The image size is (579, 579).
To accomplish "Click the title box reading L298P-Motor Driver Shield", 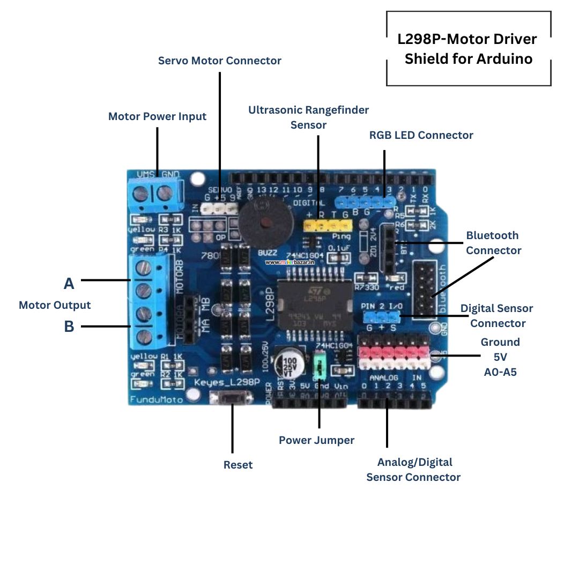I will pyautogui.click(x=468, y=49).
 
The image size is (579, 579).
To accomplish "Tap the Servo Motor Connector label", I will pyautogui.click(x=219, y=61).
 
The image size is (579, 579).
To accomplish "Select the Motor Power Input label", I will pyautogui.click(x=157, y=116).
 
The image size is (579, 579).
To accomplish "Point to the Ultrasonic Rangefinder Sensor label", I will pyautogui.click(x=308, y=117).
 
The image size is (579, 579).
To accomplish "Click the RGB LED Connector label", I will pyautogui.click(x=421, y=135).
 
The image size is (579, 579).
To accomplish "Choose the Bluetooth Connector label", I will pyautogui.click(x=493, y=242).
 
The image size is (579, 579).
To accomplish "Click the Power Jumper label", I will pyautogui.click(x=316, y=440).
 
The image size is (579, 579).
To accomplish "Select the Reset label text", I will pyautogui.click(x=238, y=465).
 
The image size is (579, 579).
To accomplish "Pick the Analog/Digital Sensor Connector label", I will pyautogui.click(x=413, y=469).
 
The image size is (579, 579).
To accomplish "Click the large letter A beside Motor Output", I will pyautogui.click(x=69, y=284).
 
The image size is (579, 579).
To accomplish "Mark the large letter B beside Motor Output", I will pyautogui.click(x=69, y=326).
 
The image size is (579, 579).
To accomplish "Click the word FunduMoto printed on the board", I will pyautogui.click(x=157, y=399).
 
